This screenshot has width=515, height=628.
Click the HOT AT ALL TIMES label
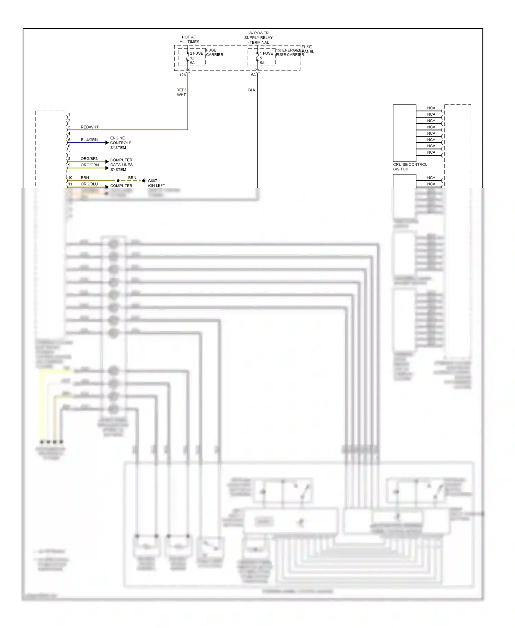(189, 40)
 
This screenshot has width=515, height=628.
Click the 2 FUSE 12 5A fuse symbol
(188, 57)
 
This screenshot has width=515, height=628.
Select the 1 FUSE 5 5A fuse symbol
(257, 57)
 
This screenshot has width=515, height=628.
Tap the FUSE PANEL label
(307, 49)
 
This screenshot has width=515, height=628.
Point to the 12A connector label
(183, 75)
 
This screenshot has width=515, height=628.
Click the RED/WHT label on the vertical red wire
(181, 92)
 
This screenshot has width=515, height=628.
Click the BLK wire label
(252, 90)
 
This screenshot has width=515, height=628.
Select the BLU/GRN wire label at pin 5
(89, 140)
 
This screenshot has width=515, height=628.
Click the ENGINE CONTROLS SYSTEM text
(121, 143)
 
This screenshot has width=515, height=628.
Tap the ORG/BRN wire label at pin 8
(90, 159)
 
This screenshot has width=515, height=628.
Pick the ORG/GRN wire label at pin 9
(90, 165)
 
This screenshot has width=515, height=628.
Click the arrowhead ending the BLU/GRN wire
(107, 143)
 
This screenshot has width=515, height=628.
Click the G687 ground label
(152, 181)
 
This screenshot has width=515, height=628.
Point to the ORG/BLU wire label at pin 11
(89, 184)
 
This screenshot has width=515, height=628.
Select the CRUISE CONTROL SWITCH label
(410, 167)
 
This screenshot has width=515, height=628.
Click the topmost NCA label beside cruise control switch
(431, 108)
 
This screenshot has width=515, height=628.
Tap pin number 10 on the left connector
(70, 178)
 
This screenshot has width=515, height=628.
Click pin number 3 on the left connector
(69, 127)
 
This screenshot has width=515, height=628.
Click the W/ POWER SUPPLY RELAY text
(259, 35)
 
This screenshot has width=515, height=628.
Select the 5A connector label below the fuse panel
(253, 75)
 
